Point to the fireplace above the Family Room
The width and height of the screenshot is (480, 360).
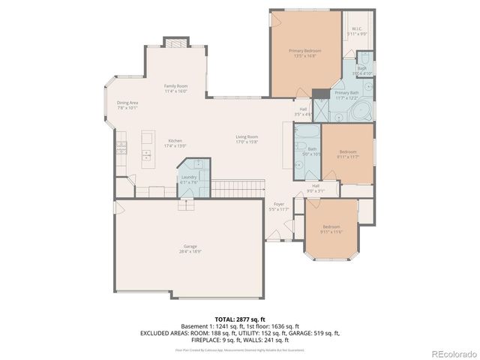pyautogui.click(x=175, y=43)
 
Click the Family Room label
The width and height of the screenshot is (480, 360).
pyautogui.click(x=175, y=88)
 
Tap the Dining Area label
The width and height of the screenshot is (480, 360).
pyautogui.click(x=127, y=105)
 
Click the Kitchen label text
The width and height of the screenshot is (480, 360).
pyautogui.click(x=175, y=142)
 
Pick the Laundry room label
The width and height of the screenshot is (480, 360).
pyautogui.click(x=188, y=179)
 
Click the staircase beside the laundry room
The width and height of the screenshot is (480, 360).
pyautogui.click(x=238, y=187)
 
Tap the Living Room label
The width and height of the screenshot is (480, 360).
pyautogui.click(x=247, y=139)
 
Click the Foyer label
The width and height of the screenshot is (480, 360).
pyautogui.click(x=278, y=206)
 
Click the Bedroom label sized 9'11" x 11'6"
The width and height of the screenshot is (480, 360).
pyautogui.click(x=331, y=229)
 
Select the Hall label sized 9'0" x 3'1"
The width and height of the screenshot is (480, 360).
pyautogui.click(x=316, y=187)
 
